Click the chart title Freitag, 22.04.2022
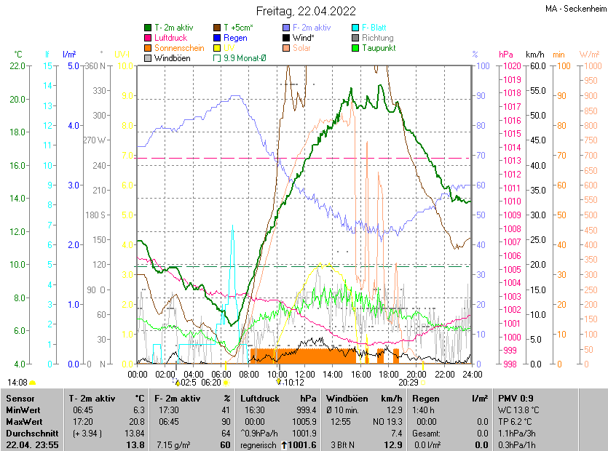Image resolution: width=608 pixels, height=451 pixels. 305,11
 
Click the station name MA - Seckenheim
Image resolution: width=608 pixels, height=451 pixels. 574,9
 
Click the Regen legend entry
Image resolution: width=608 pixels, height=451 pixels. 235,38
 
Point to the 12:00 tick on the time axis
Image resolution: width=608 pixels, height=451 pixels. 305,374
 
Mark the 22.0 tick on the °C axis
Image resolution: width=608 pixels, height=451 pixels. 16,66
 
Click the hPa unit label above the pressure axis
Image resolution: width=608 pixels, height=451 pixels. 505,55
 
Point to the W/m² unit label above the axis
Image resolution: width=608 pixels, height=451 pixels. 589,55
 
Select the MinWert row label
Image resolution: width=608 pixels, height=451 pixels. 23,410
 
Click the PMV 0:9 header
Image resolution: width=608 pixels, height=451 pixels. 516,399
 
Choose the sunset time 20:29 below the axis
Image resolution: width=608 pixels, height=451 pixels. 408,381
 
